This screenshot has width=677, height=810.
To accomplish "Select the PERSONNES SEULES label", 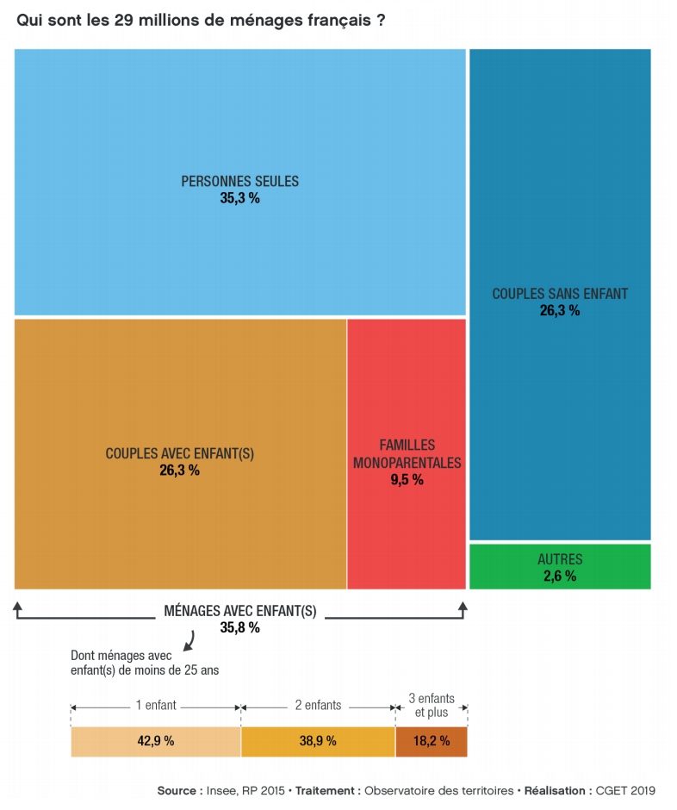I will [x=239, y=182].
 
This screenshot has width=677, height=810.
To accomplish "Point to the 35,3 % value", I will [x=239, y=198].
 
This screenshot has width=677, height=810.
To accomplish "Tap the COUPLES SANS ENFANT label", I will [x=560, y=294].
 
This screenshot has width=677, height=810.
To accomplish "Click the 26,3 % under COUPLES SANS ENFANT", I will [x=560, y=311].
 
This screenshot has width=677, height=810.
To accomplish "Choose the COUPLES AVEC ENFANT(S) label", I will [x=180, y=453].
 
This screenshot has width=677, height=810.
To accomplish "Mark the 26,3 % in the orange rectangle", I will [x=180, y=470].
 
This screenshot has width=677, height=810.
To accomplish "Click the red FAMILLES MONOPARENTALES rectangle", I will [x=407, y=517].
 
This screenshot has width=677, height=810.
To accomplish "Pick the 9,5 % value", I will [x=407, y=480].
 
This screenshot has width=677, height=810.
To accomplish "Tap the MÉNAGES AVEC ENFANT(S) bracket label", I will [x=239, y=611].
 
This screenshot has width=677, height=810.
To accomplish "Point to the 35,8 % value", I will [x=239, y=628].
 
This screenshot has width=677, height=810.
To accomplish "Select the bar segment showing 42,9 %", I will [x=156, y=741].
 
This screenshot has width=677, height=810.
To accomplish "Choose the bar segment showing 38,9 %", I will [x=318, y=741].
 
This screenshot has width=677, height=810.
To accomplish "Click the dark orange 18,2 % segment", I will [x=431, y=741].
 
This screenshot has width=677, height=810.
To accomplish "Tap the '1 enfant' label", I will [x=156, y=705].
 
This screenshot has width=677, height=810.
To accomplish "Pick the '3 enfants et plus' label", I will [x=431, y=706].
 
